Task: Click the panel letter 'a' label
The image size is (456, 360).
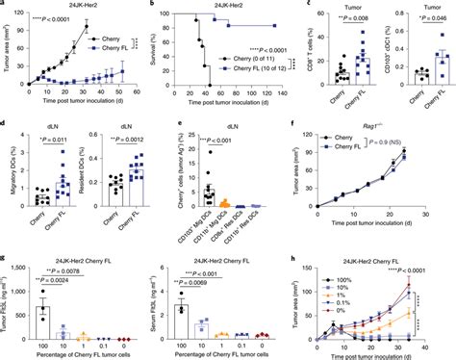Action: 5,5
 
